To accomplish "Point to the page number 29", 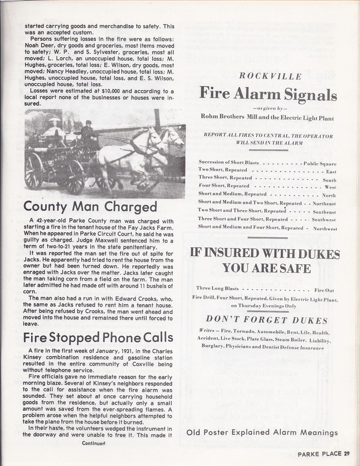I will pyautogui.click(x=347, y=453).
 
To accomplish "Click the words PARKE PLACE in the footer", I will pyautogui.click(x=318, y=453).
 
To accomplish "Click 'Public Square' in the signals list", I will pyautogui.click(x=320, y=164).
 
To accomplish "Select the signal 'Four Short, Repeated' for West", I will pyautogui.click(x=223, y=185).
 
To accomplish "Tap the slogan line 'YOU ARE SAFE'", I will pyautogui.click(x=267, y=268).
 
